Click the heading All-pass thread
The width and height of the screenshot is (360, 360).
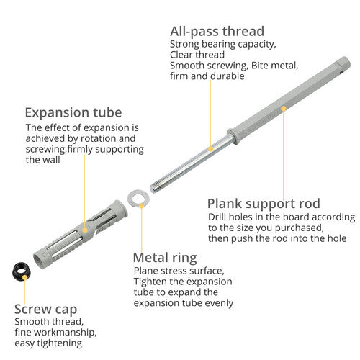(217, 32)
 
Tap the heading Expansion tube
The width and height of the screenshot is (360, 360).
(73, 112)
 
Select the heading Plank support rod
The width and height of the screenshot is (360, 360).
(264, 204)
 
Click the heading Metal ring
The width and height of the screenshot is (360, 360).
(165, 258)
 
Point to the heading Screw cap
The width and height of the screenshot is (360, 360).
(45, 310)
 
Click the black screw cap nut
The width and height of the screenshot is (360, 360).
(21, 271)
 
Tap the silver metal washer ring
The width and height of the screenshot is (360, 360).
(138, 199)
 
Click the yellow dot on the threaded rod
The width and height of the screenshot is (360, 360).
(211, 149)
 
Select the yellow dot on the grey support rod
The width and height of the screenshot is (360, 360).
(284, 109)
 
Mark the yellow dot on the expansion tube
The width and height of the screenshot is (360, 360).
(85, 230)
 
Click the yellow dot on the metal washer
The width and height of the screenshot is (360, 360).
(142, 206)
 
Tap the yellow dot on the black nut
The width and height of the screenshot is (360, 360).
(24, 278)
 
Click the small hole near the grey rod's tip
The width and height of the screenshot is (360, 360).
(342, 71)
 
